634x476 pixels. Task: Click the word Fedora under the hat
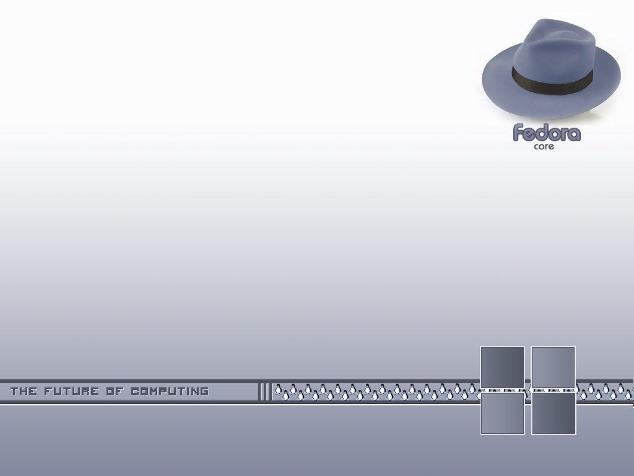click(x=547, y=133)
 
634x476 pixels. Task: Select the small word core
click(x=544, y=147)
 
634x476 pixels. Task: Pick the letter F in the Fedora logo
click(x=519, y=133)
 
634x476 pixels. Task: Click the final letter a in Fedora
click(x=574, y=134)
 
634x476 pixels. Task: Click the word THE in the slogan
click(x=24, y=391)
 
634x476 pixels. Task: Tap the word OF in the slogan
click(x=115, y=391)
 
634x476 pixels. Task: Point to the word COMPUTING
click(x=170, y=391)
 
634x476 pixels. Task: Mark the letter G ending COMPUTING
click(x=204, y=391)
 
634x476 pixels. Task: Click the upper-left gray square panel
click(x=502, y=367)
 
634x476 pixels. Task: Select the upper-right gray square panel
click(x=554, y=367)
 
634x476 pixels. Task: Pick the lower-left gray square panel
click(x=502, y=413)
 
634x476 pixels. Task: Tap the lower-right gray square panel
click(x=554, y=413)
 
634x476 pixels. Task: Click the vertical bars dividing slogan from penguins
click(x=264, y=391)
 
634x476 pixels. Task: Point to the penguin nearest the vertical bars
click(x=279, y=390)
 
